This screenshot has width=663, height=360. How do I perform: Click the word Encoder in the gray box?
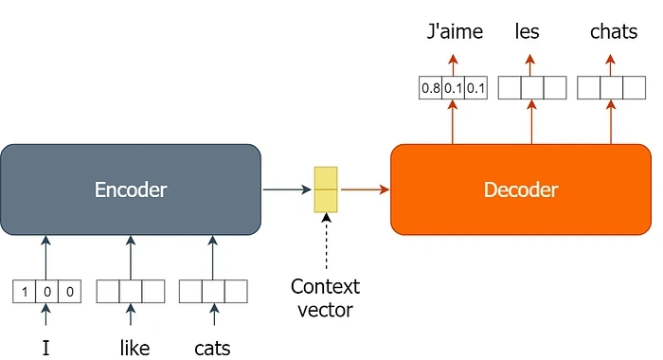pyautogui.click(x=131, y=189)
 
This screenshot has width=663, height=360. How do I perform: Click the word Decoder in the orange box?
pyautogui.click(x=521, y=189)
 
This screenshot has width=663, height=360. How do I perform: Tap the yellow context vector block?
pyautogui.click(x=326, y=189)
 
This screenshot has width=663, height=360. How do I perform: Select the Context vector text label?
pyautogui.click(x=326, y=298)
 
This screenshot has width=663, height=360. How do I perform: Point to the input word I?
pyautogui.click(x=45, y=348)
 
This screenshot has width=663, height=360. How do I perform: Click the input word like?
pyautogui.click(x=134, y=348)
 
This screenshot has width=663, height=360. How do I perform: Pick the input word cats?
pyautogui.click(x=212, y=348)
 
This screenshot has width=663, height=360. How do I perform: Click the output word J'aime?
pyautogui.click(x=453, y=32)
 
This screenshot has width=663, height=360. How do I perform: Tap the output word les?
pyautogui.click(x=528, y=32)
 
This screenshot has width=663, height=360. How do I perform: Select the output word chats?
pyautogui.click(x=614, y=32)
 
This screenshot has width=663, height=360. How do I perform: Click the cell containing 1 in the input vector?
pyautogui.click(x=25, y=291)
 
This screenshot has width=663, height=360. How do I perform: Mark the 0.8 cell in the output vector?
pyautogui.click(x=430, y=88)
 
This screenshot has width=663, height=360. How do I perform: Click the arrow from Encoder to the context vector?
pyautogui.click(x=286, y=189)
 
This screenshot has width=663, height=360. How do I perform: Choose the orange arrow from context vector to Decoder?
pyautogui.click(x=365, y=189)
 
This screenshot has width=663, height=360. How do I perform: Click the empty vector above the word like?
pyautogui.click(x=131, y=291)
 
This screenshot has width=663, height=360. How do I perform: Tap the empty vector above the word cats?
pyautogui.click(x=213, y=291)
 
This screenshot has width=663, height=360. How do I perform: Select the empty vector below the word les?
pyautogui.click(x=531, y=88)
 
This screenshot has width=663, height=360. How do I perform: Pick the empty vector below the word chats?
pyautogui.click(x=611, y=88)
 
